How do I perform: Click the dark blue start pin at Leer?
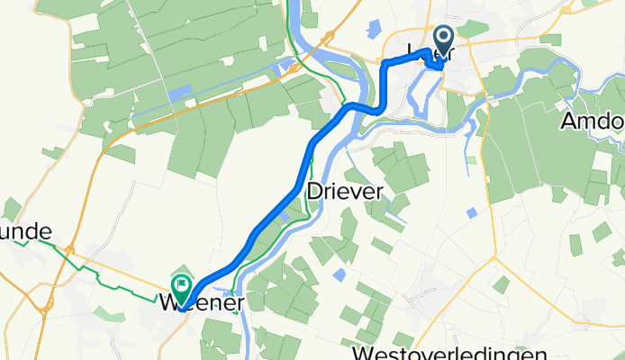tap(443, 40)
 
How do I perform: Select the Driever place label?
tap(345, 191)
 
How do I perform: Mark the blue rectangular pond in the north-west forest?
tap(180, 91)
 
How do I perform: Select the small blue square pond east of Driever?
tap(473, 212)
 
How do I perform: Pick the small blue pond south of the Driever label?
tap(340, 274)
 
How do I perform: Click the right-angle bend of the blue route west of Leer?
tap(385, 65)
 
